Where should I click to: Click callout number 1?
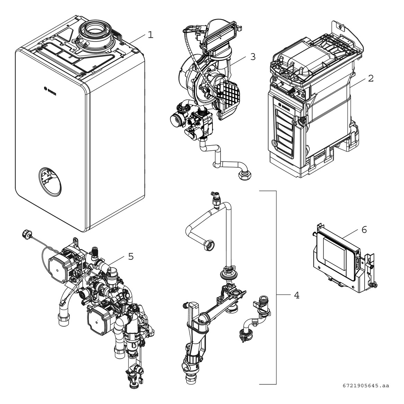click(x=150, y=35)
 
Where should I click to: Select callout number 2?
click(x=370, y=78)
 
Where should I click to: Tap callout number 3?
click(x=253, y=57)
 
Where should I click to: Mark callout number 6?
click(x=364, y=230)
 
